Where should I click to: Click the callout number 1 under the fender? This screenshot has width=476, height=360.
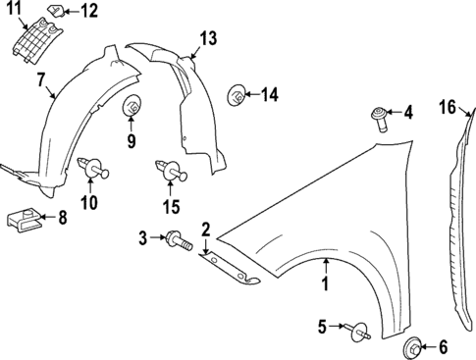(x=324, y=286)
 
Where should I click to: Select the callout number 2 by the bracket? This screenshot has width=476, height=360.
(x=206, y=230)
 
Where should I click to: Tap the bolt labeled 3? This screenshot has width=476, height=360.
(x=177, y=238)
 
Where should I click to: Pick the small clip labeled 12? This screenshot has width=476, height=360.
(x=58, y=12)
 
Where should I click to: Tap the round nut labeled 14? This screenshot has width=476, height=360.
(x=236, y=95)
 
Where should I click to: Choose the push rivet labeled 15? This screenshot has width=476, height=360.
(x=171, y=173)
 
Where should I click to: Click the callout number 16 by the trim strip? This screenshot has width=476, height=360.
(x=448, y=107)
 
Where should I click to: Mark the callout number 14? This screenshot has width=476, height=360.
(x=269, y=95)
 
